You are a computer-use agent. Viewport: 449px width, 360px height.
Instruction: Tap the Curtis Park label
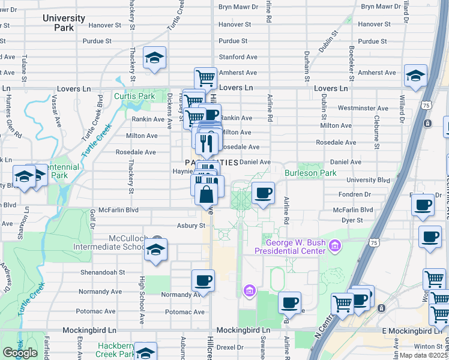(135, 96)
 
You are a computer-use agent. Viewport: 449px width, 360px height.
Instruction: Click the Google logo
(20, 353)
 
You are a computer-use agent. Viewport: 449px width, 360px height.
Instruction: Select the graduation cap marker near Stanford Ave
(155, 58)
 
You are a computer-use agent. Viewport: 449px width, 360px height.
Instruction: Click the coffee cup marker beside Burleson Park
(263, 193)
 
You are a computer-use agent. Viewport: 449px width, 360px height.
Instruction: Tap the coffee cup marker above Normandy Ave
(203, 280)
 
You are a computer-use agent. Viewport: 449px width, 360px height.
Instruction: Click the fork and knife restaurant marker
(205, 143)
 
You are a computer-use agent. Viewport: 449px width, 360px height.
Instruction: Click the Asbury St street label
(191, 226)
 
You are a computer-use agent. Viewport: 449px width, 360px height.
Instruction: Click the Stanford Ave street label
(238, 57)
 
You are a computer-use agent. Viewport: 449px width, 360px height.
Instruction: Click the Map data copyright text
(424, 355)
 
